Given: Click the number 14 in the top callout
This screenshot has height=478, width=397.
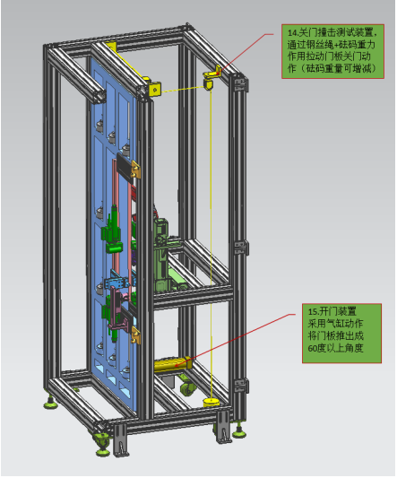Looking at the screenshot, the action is pyautogui.click(x=292, y=33).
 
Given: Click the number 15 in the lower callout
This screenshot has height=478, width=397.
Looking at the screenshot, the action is pyautogui.click(x=312, y=311).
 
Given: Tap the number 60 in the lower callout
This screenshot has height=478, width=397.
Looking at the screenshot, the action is pyautogui.click(x=312, y=348).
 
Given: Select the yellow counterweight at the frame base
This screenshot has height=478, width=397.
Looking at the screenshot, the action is pyautogui.click(x=211, y=403).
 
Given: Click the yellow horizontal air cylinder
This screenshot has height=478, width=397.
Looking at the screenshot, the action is pyautogui.click(x=172, y=365).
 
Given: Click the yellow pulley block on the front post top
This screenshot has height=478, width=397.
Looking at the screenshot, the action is pyautogui.click(x=154, y=90).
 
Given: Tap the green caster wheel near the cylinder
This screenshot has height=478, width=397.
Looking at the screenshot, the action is pyautogui.click(x=186, y=389).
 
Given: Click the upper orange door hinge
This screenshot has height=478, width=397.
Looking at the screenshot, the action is pyautogui.click(x=135, y=169).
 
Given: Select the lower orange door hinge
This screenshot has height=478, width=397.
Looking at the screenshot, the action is pyautogui.click(x=135, y=335).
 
